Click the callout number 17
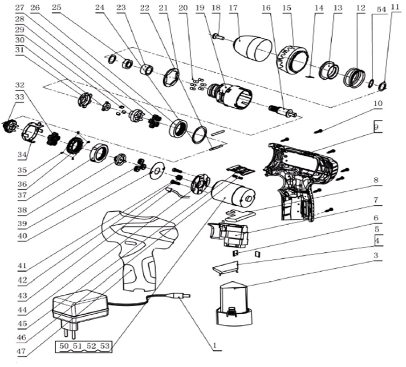[233, 9]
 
